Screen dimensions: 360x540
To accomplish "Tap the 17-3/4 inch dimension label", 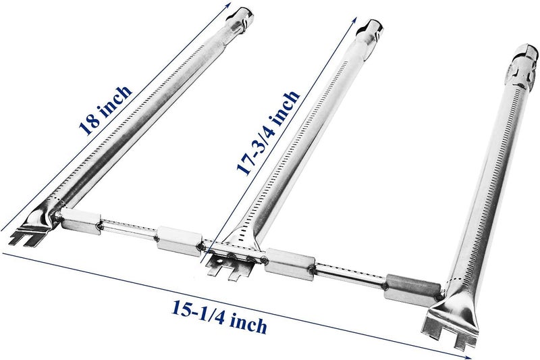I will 268,133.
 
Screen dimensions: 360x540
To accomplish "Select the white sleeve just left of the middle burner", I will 179,240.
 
